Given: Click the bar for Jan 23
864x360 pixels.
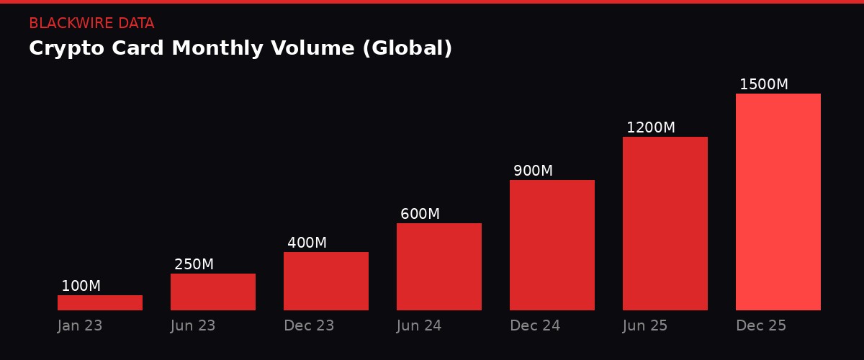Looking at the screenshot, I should (x=100, y=302).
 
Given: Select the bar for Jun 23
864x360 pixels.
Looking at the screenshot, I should (x=213, y=292).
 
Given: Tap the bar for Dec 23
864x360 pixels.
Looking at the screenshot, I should (x=326, y=281).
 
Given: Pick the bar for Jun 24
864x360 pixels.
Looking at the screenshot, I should (x=439, y=266).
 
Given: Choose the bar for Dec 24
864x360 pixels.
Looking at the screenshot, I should (x=552, y=245).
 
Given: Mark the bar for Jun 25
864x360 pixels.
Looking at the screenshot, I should (x=665, y=223).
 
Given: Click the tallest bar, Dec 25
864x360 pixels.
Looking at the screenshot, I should (x=778, y=202).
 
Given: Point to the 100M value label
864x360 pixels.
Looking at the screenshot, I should (x=81, y=287).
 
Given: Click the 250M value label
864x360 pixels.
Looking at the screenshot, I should (x=194, y=265).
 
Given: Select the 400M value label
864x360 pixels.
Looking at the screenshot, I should (x=307, y=243).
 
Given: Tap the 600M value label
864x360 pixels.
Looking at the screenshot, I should (x=420, y=215).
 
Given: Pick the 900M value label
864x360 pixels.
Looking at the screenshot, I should (x=533, y=171).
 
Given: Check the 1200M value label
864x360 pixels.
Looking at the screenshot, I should (x=650, y=128).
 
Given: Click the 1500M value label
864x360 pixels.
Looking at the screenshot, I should (x=763, y=85).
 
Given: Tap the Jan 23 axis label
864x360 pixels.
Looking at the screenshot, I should (x=80, y=326).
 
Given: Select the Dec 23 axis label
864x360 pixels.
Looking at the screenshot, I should (x=309, y=326).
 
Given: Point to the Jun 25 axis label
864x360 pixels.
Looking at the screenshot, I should (x=645, y=326).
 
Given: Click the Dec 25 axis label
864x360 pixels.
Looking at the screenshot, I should (x=761, y=326).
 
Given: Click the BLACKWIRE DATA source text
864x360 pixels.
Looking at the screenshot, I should (x=91, y=24).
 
